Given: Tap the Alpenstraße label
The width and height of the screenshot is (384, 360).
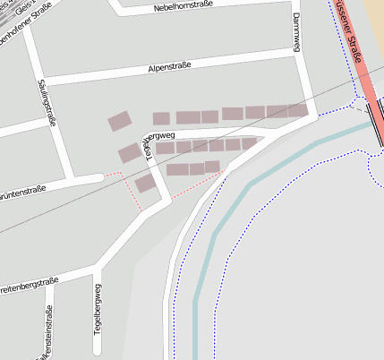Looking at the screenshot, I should pos(170,68).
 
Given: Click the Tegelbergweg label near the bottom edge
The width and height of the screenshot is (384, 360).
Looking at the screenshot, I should pos(98,310).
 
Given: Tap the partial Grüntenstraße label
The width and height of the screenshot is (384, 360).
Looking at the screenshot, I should pos(22,190).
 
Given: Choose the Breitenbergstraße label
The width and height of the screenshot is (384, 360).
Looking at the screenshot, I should pos(27,287).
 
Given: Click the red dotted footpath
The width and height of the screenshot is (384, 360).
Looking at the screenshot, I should pos(192,186).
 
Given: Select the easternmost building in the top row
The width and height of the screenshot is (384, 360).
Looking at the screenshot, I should pos(299,111).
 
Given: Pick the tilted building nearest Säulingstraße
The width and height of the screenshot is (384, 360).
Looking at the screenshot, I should pos(119,121).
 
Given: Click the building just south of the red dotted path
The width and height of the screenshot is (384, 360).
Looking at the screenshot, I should pos(146,184).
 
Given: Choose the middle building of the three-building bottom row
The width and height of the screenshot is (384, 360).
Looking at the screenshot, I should pos(197,168).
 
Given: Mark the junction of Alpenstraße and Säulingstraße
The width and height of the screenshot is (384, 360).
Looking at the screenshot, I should pos(40,82).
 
